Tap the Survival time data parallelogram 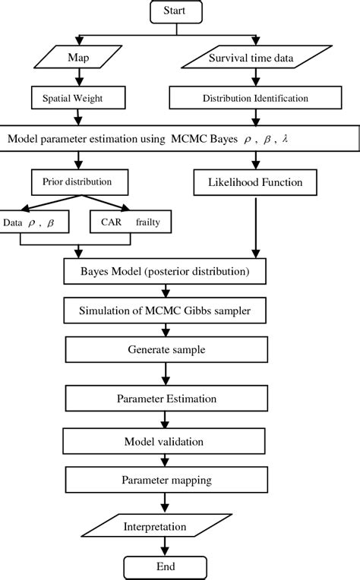pos(257,58)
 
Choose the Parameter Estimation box pos(166,399)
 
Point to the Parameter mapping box pos(166,480)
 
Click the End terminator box pos(166,566)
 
